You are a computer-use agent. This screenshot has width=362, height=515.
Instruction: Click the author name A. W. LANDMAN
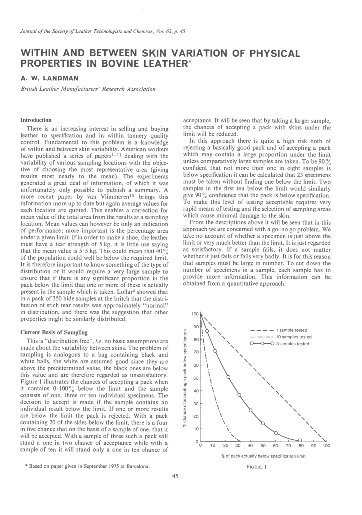[x=49, y=78]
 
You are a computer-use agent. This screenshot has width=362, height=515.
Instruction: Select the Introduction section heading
[x=36, y=120]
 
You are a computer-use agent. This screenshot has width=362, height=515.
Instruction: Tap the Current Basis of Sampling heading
[x=54, y=332]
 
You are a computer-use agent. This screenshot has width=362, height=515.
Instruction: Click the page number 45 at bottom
[x=175, y=476]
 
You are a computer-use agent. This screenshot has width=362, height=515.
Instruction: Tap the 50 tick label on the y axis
[x=196, y=378]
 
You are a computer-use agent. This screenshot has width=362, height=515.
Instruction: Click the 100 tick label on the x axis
[x=326, y=445]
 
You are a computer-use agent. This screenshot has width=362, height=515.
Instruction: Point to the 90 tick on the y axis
[x=196, y=327]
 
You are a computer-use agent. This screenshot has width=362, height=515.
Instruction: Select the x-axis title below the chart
[x=263, y=456]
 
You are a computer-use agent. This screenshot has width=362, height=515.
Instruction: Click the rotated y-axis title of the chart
[x=185, y=377]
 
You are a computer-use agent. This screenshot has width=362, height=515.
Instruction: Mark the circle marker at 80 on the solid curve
[x=300, y=440]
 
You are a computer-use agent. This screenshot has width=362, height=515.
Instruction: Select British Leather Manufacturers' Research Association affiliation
[x=88, y=89]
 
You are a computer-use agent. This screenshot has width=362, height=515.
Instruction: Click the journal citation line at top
[x=103, y=31]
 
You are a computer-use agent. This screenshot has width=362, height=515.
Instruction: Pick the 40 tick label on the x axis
[x=250, y=445]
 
